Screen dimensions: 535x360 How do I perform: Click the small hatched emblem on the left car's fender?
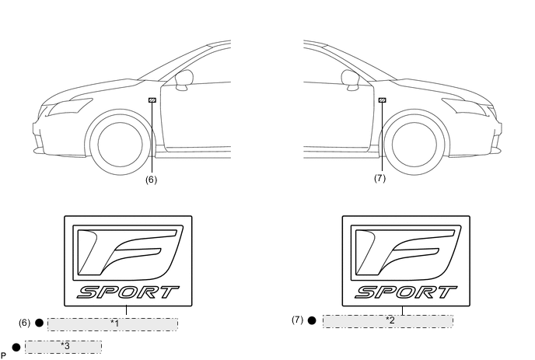click(x=152, y=100)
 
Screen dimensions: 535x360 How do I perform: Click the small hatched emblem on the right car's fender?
click(x=382, y=100)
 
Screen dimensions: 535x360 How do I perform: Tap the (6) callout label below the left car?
click(x=151, y=180)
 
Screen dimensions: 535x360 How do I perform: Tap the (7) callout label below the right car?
click(x=379, y=178)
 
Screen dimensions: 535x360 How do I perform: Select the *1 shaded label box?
click(x=113, y=324)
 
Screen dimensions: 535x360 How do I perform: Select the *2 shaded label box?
click(x=388, y=321)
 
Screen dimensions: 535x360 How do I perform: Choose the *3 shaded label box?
click(x=63, y=347)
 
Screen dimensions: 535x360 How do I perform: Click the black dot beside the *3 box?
click(x=16, y=348)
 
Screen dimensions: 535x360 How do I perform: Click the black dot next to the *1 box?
click(x=39, y=323)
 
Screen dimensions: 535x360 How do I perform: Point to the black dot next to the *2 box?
click(x=312, y=320)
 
